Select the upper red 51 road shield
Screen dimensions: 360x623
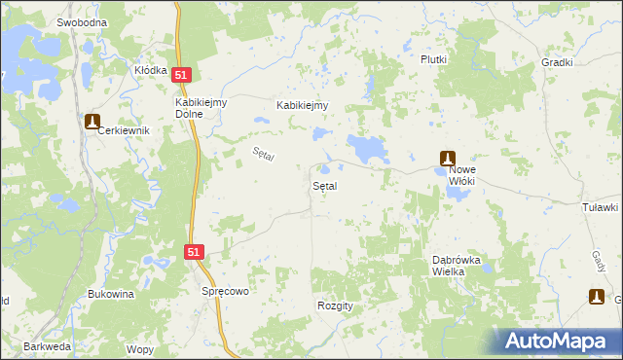pos(181,74)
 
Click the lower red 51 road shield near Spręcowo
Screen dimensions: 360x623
pos(195,252)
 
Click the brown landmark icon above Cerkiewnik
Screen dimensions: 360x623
pos(92,122)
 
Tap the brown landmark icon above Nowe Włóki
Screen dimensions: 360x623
pos(447,158)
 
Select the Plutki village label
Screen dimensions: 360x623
pos(433,59)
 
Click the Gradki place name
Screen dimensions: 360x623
pos(556,61)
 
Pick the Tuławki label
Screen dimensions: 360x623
pos(600,207)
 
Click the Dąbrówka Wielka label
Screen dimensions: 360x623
pos(461,266)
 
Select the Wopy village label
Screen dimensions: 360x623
pos(139,348)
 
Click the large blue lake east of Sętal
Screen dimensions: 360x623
pos(368,149)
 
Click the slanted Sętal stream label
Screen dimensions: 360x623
pos(264,154)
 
